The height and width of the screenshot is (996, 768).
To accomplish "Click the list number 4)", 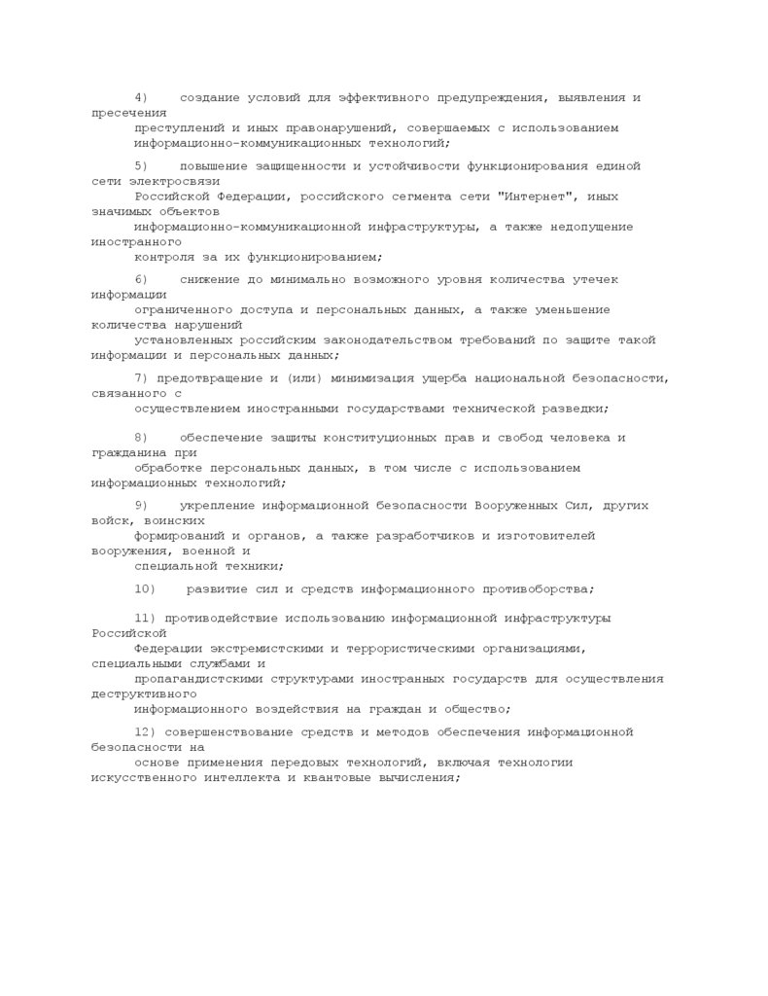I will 141,98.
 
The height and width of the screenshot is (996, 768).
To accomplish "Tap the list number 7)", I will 141,378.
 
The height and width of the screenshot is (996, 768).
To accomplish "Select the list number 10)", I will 145,588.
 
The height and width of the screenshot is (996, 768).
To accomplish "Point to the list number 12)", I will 145,731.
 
